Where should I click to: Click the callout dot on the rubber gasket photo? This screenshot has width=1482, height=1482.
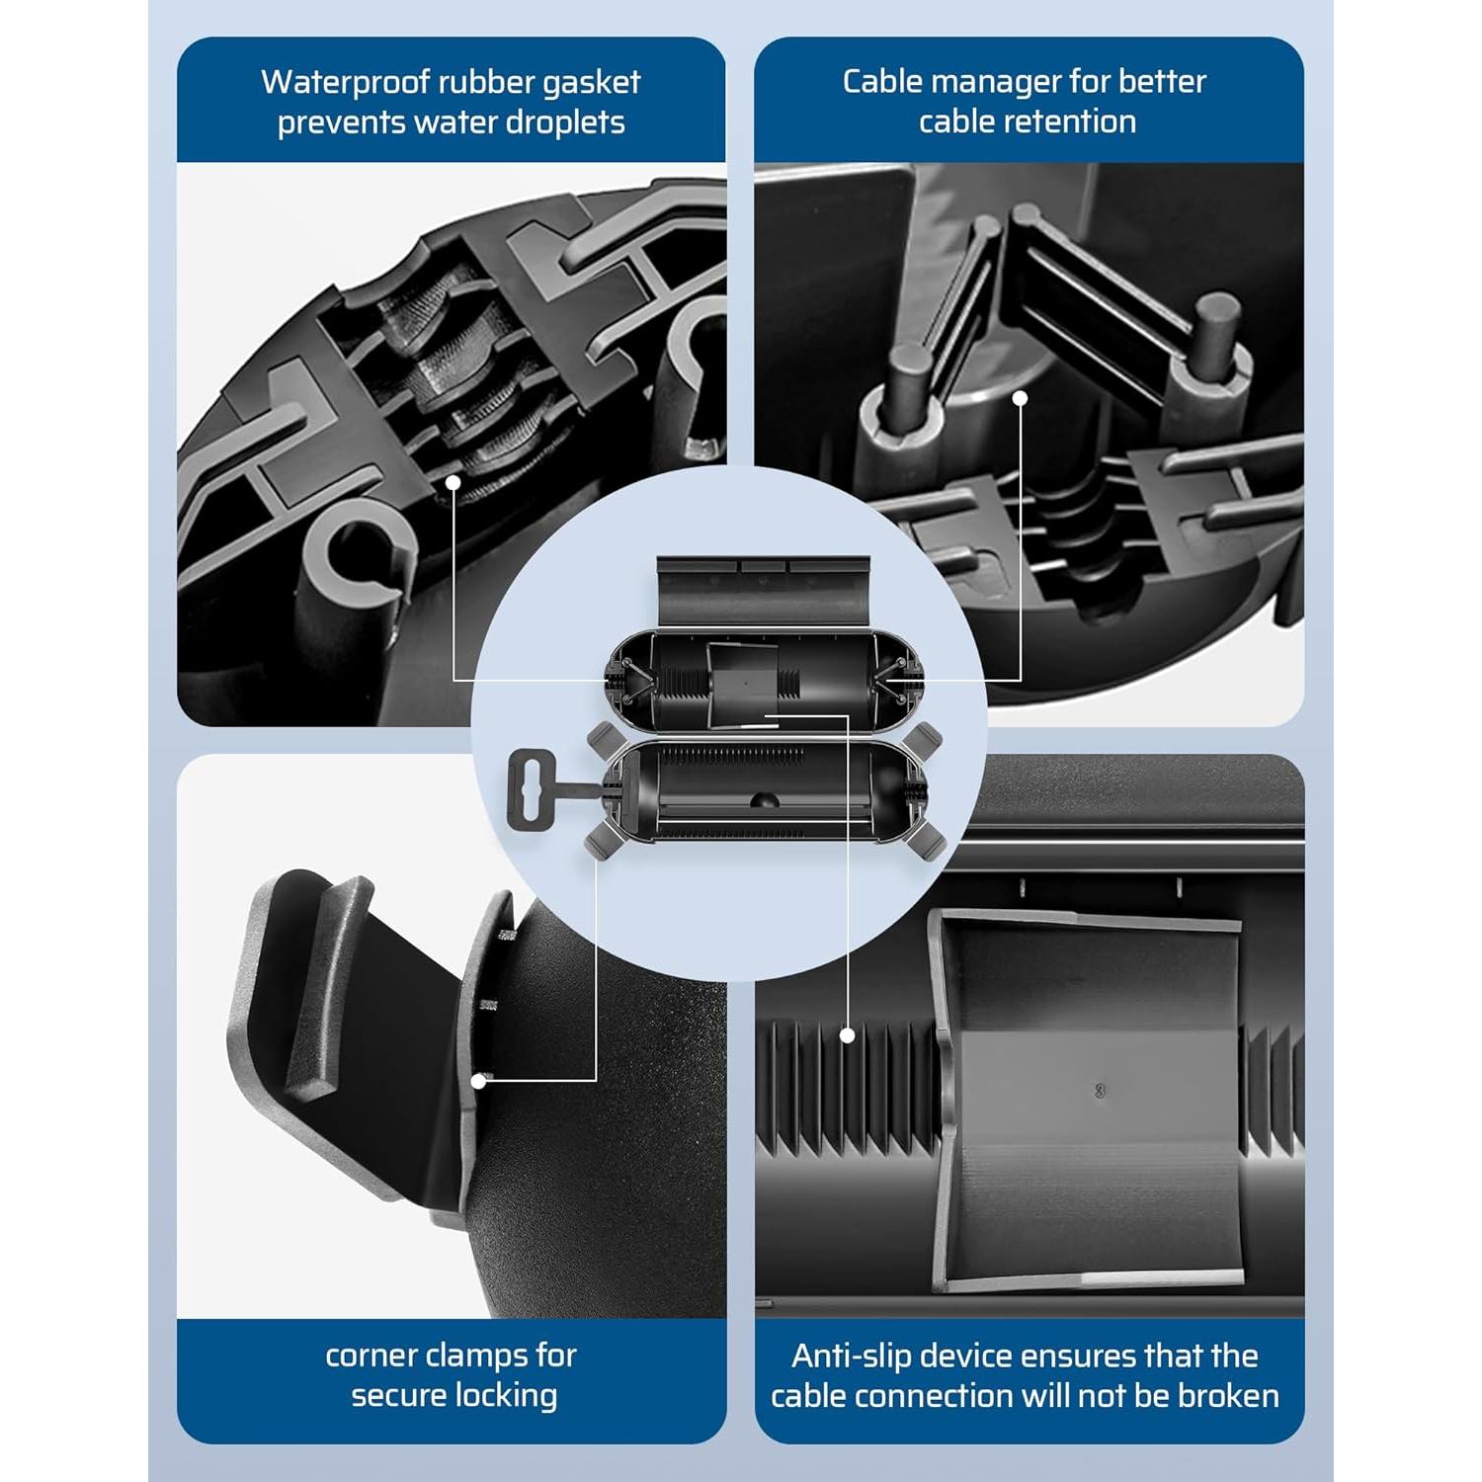tap(453, 481)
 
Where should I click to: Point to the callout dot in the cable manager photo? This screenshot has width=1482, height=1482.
tap(1021, 397)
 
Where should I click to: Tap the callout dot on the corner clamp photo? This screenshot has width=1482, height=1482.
tap(478, 1081)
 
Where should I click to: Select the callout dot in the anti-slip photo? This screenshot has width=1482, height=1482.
tap(848, 1034)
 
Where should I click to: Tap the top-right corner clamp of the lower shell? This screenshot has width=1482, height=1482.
tap(925, 736)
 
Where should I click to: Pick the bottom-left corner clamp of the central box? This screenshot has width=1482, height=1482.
tap(600, 841)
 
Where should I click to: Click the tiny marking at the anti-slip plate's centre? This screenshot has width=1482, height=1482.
tap(1101, 1090)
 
